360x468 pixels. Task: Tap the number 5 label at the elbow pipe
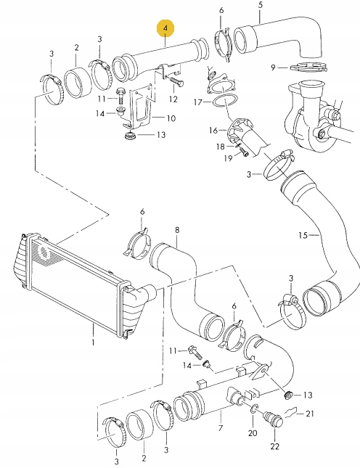[x=260, y=7]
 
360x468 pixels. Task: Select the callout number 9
[x=274, y=67]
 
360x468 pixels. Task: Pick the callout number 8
[x=176, y=231]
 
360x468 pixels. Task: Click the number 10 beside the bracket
[x=172, y=118]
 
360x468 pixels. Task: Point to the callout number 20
[x=253, y=433]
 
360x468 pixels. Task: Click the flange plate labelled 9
[x=305, y=69]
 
